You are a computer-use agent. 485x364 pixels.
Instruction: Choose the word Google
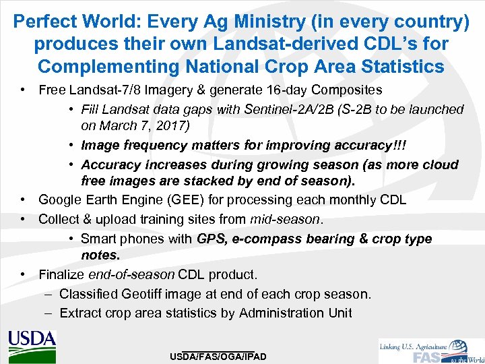(x=59, y=200)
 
